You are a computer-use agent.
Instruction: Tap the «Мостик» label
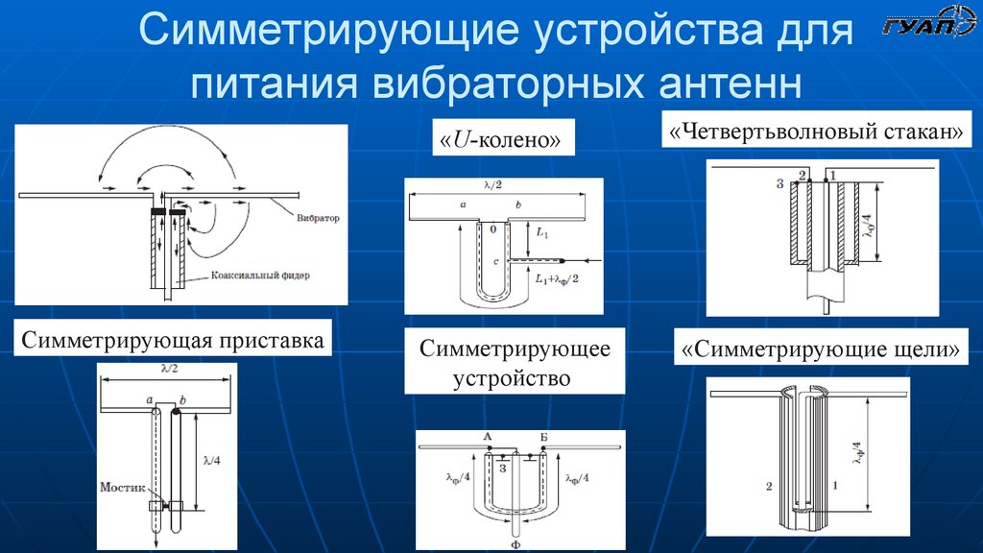click(122, 487)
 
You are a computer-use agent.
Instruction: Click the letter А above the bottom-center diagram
click(488, 438)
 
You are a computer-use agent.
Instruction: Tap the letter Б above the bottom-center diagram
click(543, 438)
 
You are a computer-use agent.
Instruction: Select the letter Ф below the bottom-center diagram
click(516, 543)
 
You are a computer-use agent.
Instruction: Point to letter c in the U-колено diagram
click(493, 260)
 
